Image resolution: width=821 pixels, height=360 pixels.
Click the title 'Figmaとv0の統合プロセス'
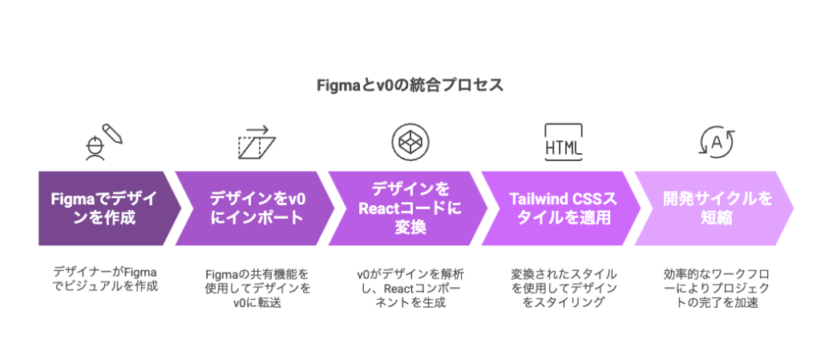point(409,84)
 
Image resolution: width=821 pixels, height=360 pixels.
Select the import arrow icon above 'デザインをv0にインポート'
point(256,142)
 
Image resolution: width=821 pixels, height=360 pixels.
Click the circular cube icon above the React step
point(410,142)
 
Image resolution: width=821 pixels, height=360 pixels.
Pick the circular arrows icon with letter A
point(716,142)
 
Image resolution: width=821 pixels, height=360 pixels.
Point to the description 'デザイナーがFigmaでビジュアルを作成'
point(104,278)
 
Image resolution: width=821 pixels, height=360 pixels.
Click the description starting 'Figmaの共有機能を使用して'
point(257,288)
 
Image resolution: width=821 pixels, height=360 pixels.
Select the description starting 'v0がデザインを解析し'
point(410,288)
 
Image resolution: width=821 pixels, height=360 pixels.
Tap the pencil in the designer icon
point(114,135)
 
